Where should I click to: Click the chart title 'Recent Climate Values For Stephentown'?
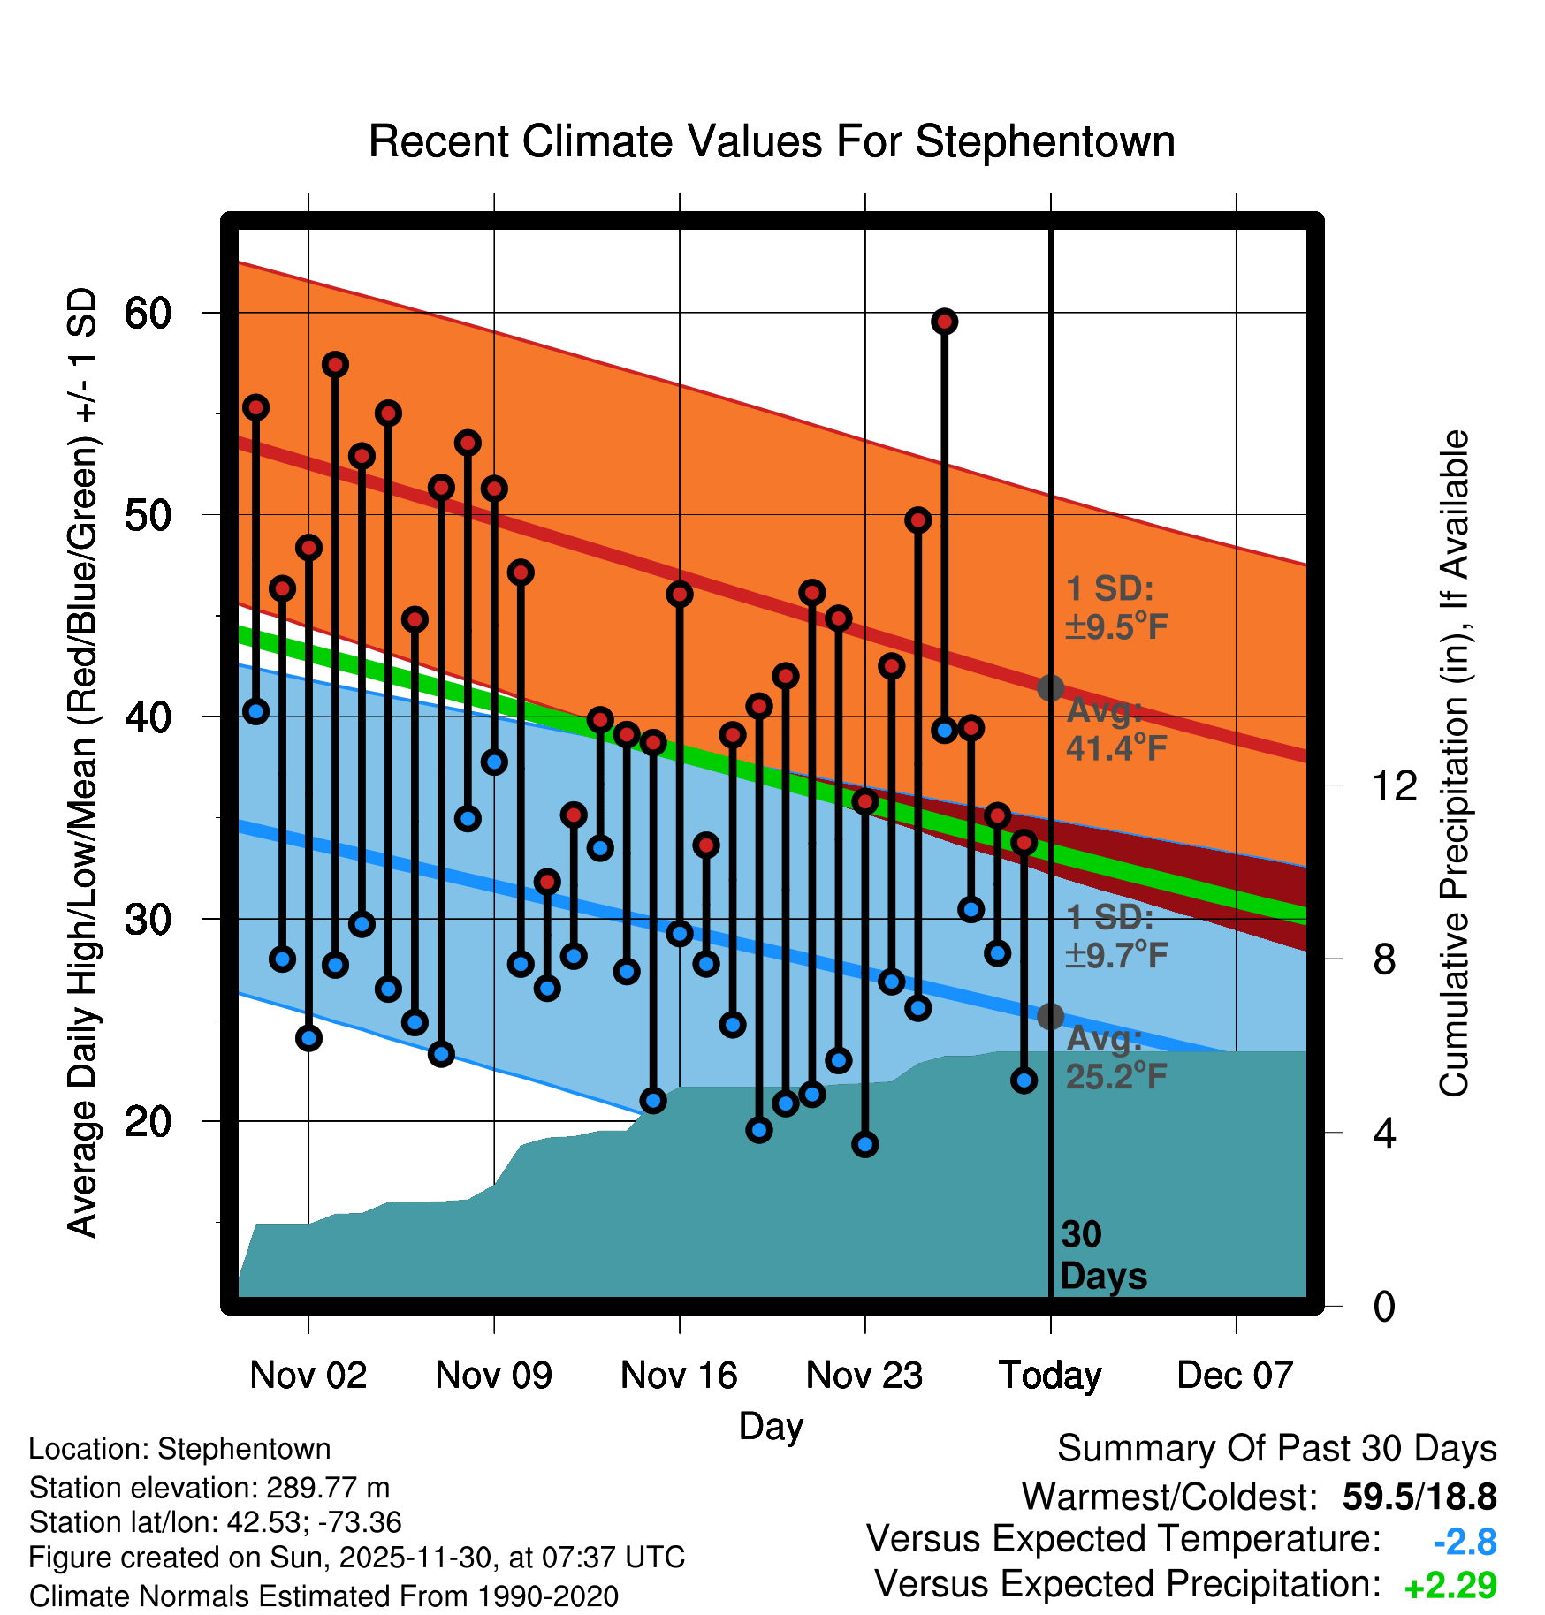coord(772,141)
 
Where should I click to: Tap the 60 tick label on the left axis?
coord(148,313)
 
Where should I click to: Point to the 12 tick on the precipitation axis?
coord(1395,785)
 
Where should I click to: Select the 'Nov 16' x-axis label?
coord(679,1375)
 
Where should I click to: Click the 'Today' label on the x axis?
coord(1050,1375)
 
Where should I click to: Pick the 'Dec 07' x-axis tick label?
coord(1235,1375)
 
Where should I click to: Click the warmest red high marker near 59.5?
coord(944,322)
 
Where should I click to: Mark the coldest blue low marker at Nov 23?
coord(865,1144)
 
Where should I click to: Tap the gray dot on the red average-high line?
coord(1050,687)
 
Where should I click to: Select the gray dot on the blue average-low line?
coord(1050,1017)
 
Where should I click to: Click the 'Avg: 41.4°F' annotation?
coord(1115,730)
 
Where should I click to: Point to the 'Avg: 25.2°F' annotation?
coord(1115,1058)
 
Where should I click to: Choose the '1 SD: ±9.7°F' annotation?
coord(1115,936)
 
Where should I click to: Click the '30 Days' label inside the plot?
coord(1102,1255)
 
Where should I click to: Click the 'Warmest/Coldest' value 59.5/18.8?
coord(1419,1497)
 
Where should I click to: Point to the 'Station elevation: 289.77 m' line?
coord(209,1488)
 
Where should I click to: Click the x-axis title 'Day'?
coord(771,1426)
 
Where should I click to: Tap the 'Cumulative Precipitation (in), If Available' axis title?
coord(1454,763)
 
